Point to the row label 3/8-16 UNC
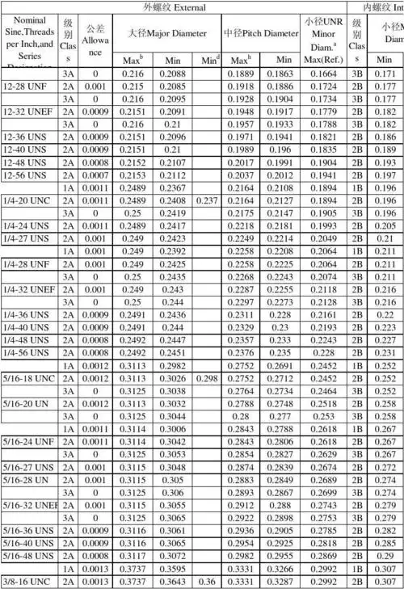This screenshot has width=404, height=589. [26, 581]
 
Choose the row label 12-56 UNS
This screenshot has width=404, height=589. [24, 175]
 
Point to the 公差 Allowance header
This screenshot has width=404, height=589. [95, 39]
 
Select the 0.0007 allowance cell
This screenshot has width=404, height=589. [95, 175]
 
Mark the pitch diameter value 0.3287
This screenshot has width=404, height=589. [284, 581]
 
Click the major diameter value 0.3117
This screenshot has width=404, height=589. [133, 556]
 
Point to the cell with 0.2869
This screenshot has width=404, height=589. [323, 556]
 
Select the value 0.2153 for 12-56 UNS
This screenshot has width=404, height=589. [133, 175]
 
